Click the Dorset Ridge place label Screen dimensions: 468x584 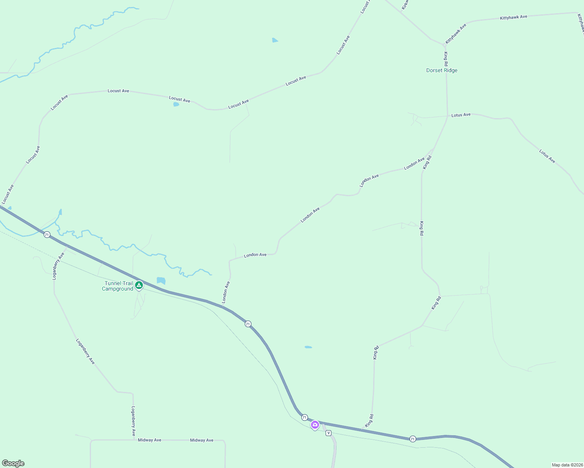pyautogui.click(x=442, y=71)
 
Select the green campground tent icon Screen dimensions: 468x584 pyautogui.click(x=139, y=285)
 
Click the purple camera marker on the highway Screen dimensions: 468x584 pyautogui.click(x=315, y=425)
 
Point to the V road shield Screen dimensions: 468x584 pyautogui.click(x=328, y=433)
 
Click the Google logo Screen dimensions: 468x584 pyautogui.click(x=13, y=463)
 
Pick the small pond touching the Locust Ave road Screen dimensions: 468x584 pyautogui.click(x=176, y=105)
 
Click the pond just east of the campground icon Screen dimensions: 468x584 pyautogui.click(x=161, y=280)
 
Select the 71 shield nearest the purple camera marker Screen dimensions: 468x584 pyautogui.click(x=304, y=417)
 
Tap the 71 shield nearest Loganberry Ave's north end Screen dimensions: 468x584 pyautogui.click(x=47, y=235)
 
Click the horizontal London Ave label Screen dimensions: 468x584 pyautogui.click(x=255, y=255)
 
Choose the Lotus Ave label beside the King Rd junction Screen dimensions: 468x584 pyautogui.click(x=461, y=115)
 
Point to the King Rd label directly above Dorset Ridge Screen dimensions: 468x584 pyautogui.click(x=445, y=58)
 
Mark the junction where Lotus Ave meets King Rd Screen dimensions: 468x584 pyautogui.click(x=447, y=116)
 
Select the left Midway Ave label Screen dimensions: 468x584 pyautogui.click(x=150, y=440)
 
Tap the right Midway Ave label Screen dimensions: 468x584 pyautogui.click(x=201, y=440)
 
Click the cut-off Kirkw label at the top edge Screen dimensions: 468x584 pyautogui.click(x=404, y=5)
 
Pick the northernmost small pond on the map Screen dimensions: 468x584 pyautogui.click(x=275, y=40)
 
